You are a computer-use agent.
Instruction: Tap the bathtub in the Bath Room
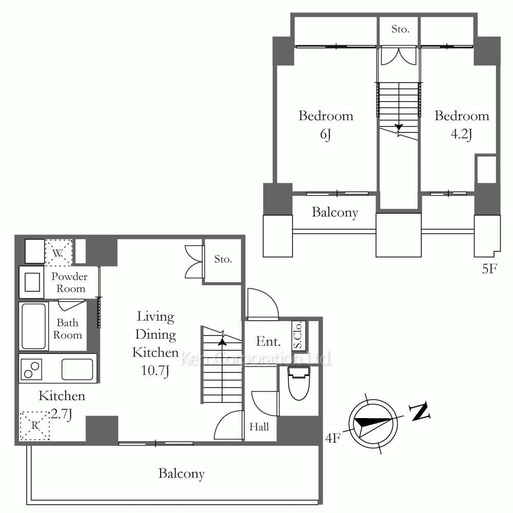[x=34, y=326]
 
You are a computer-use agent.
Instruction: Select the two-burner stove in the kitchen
[x=31, y=369]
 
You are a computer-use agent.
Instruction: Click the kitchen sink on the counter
[x=77, y=369]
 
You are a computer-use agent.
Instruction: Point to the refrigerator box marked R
[x=35, y=425]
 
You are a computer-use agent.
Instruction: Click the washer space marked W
[x=58, y=252]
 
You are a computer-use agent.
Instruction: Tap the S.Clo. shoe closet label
[x=298, y=336]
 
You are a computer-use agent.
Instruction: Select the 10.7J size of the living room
[x=155, y=371]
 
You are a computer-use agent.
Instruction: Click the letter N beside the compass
[x=420, y=411]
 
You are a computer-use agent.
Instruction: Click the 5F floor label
[x=489, y=269]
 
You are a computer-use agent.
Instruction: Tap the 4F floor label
[x=333, y=438]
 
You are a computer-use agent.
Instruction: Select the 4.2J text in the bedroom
[x=462, y=134]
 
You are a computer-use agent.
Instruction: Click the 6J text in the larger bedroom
[x=326, y=134]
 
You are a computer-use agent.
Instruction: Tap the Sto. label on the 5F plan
[x=400, y=29]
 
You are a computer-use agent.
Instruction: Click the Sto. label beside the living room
[x=223, y=259]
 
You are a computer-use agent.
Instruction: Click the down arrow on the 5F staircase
[x=399, y=127]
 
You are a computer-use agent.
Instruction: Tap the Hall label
[x=259, y=427]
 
